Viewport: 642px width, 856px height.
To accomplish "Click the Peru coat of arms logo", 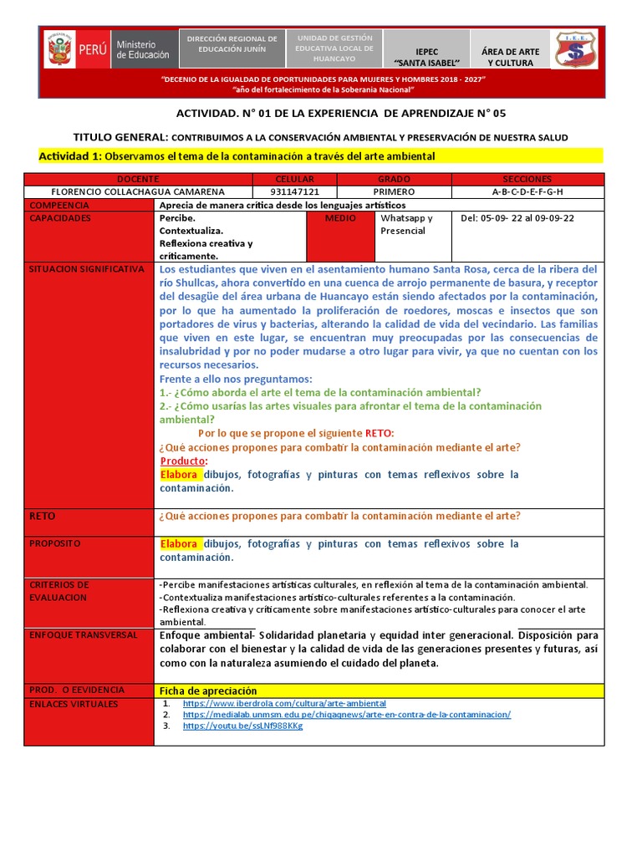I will (60, 51).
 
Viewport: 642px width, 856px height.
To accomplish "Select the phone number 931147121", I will (294, 191).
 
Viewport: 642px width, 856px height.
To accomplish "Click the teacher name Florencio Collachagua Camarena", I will (138, 191).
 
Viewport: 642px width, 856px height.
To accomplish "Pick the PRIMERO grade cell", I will (395, 191).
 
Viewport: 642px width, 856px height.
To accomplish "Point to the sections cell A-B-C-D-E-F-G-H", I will (527, 191).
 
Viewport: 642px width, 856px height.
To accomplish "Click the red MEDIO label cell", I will (340, 218).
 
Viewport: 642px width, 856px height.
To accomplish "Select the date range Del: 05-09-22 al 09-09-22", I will (517, 218).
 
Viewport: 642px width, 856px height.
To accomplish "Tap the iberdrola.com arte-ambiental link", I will (284, 704).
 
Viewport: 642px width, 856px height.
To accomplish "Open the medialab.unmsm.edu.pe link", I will (346, 715).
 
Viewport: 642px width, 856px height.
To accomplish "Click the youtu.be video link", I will (242, 726).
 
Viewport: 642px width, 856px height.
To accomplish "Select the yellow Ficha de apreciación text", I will (208, 690).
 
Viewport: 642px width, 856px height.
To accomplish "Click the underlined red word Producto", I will (183, 461).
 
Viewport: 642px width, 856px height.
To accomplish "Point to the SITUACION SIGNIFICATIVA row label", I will (87, 270).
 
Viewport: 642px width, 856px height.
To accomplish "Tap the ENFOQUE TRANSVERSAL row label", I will (83, 635).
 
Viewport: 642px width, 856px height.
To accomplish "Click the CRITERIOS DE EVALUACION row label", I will (59, 591).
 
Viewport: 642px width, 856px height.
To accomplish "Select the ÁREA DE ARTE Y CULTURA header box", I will (510, 51).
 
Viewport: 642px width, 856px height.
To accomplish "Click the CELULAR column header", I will (294, 179).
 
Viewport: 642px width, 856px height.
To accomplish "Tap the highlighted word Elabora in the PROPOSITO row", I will (180, 543).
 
